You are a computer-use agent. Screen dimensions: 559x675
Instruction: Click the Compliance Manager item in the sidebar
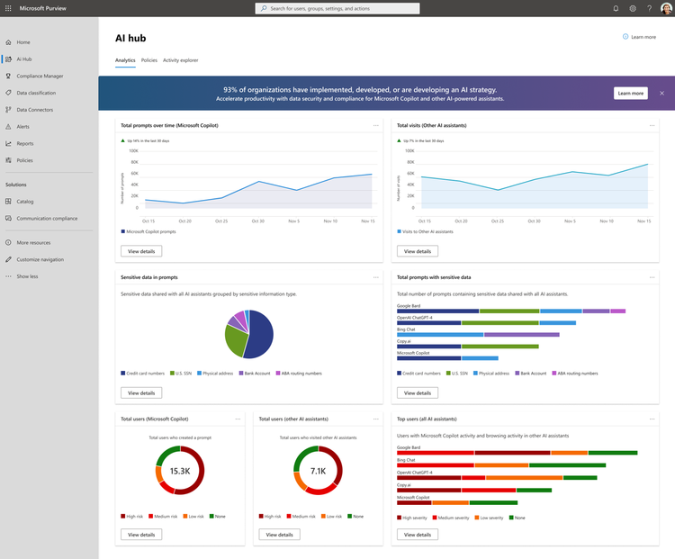click(x=40, y=76)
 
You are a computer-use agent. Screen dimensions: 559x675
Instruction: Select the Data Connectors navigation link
click(x=35, y=110)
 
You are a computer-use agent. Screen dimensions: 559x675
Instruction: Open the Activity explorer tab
click(x=180, y=60)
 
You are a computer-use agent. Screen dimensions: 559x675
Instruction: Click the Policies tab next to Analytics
click(x=148, y=60)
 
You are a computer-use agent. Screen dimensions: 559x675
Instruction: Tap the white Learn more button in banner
click(x=629, y=93)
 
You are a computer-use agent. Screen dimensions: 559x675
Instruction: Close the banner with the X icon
click(x=661, y=93)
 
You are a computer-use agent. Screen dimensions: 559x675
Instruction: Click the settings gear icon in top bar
click(x=633, y=8)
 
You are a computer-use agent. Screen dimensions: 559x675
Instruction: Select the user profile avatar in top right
click(x=666, y=8)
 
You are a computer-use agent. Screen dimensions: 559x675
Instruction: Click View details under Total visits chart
click(x=417, y=251)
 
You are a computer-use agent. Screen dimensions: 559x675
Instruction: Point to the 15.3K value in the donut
click(x=180, y=471)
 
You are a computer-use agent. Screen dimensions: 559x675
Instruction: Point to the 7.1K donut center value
click(x=318, y=471)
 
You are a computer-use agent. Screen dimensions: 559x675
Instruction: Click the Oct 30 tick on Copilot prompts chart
click(x=258, y=221)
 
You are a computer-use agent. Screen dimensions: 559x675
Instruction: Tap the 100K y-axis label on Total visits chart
click(x=409, y=151)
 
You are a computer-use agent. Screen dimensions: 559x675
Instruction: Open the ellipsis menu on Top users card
click(x=652, y=419)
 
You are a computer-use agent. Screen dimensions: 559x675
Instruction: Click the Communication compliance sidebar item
click(x=47, y=218)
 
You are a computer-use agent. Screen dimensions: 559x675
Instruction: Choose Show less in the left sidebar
click(x=27, y=276)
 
